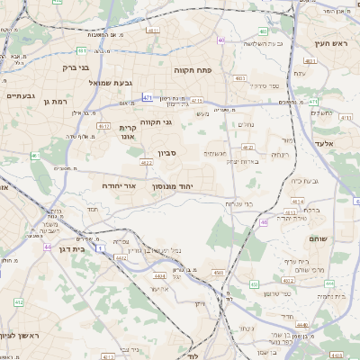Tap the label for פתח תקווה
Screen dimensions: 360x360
tap(193, 68)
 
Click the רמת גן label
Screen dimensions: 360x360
tap(56, 102)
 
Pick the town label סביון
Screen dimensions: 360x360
tap(168, 154)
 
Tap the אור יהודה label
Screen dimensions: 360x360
tap(118, 184)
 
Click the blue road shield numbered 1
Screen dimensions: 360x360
tap(101, 246)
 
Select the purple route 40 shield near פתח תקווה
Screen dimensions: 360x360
tap(221, 40)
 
